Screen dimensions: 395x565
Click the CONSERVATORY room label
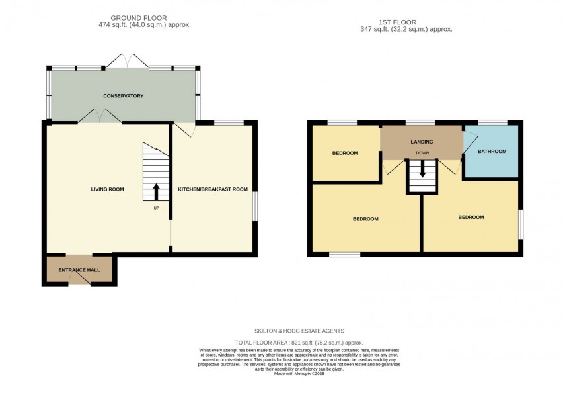coord(123,96)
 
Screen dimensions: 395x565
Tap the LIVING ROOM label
coord(107,189)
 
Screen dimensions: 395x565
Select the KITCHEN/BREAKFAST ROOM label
coord(213,189)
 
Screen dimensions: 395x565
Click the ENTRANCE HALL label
coord(79,270)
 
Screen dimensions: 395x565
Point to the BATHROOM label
coord(492,152)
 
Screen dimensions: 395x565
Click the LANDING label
coord(422,142)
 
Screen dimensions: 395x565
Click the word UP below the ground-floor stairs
coord(156,208)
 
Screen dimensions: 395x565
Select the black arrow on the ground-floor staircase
coord(156,192)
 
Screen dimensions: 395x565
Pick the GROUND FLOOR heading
coord(139,17)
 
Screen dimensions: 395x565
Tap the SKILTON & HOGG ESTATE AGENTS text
coord(299,331)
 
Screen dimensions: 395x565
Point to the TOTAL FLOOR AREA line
coord(299,343)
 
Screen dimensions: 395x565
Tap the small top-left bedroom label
coord(344,153)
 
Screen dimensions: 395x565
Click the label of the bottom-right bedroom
coord(471,217)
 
